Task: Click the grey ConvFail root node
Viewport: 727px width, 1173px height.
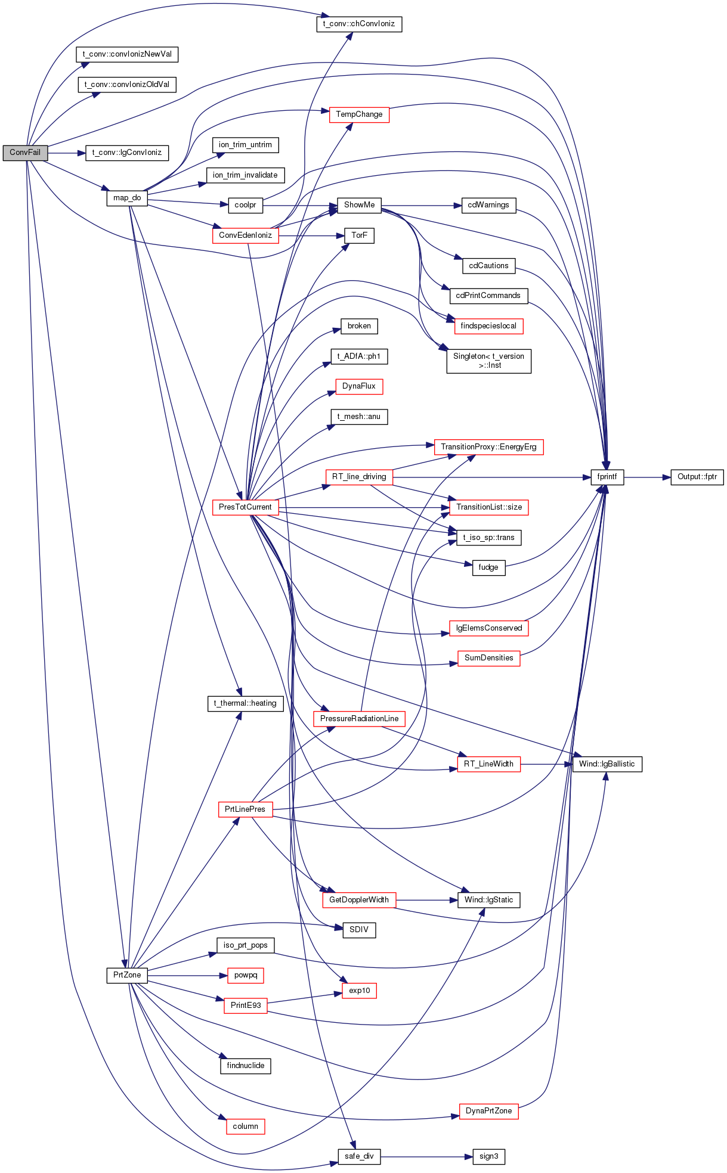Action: pyautogui.click(x=25, y=153)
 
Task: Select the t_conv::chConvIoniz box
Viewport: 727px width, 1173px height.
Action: pyautogui.click(x=359, y=24)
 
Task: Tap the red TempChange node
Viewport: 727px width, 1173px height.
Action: pyautogui.click(x=359, y=114)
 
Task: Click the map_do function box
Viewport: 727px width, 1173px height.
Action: pyautogui.click(x=127, y=198)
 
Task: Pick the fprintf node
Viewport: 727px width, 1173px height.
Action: pyautogui.click(x=607, y=477)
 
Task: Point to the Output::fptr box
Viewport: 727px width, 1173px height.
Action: pyautogui.click(x=697, y=477)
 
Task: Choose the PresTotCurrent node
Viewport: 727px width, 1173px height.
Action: pyautogui.click(x=245, y=507)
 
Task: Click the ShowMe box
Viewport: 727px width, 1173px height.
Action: pyautogui.click(x=359, y=205)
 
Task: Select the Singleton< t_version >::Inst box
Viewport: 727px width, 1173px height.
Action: pyautogui.click(x=488, y=361)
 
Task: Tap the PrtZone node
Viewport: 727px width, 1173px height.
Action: pyautogui.click(x=127, y=975)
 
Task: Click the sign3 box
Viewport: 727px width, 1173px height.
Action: pyautogui.click(x=488, y=1156)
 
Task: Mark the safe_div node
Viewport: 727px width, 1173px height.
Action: pyautogui.click(x=359, y=1156)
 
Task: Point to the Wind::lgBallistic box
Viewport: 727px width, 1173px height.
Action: pyautogui.click(x=607, y=764)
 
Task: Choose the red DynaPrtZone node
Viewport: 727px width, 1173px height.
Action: pyautogui.click(x=488, y=1111)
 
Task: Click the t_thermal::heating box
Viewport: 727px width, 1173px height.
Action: pyautogui.click(x=245, y=703)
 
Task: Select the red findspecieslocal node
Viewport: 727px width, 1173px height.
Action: pyautogui.click(x=488, y=326)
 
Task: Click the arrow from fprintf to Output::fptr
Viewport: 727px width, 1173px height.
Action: pyautogui.click(x=647, y=477)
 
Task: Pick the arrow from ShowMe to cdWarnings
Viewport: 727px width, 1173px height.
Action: pyautogui.click(x=422, y=205)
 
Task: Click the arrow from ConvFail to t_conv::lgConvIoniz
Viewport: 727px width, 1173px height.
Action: pyautogui.click(x=67, y=153)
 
